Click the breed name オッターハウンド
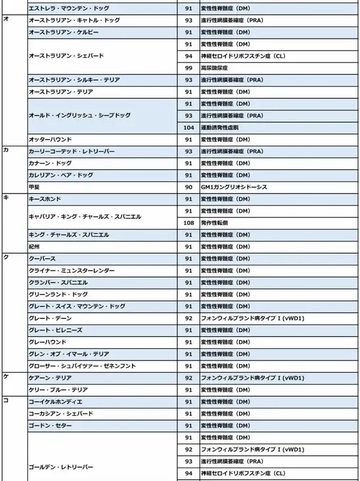(x=49, y=139)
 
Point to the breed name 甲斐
(x=34, y=187)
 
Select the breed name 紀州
(x=34, y=246)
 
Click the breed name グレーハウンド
(x=47, y=342)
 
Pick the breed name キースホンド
(x=44, y=199)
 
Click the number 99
(x=188, y=68)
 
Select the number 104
(x=188, y=127)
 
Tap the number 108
(x=188, y=223)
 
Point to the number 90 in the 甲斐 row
(x=188, y=187)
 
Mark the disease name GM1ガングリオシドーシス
(x=233, y=187)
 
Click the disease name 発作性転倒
(x=216, y=223)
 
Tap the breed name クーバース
(x=42, y=259)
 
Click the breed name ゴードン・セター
(x=50, y=426)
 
